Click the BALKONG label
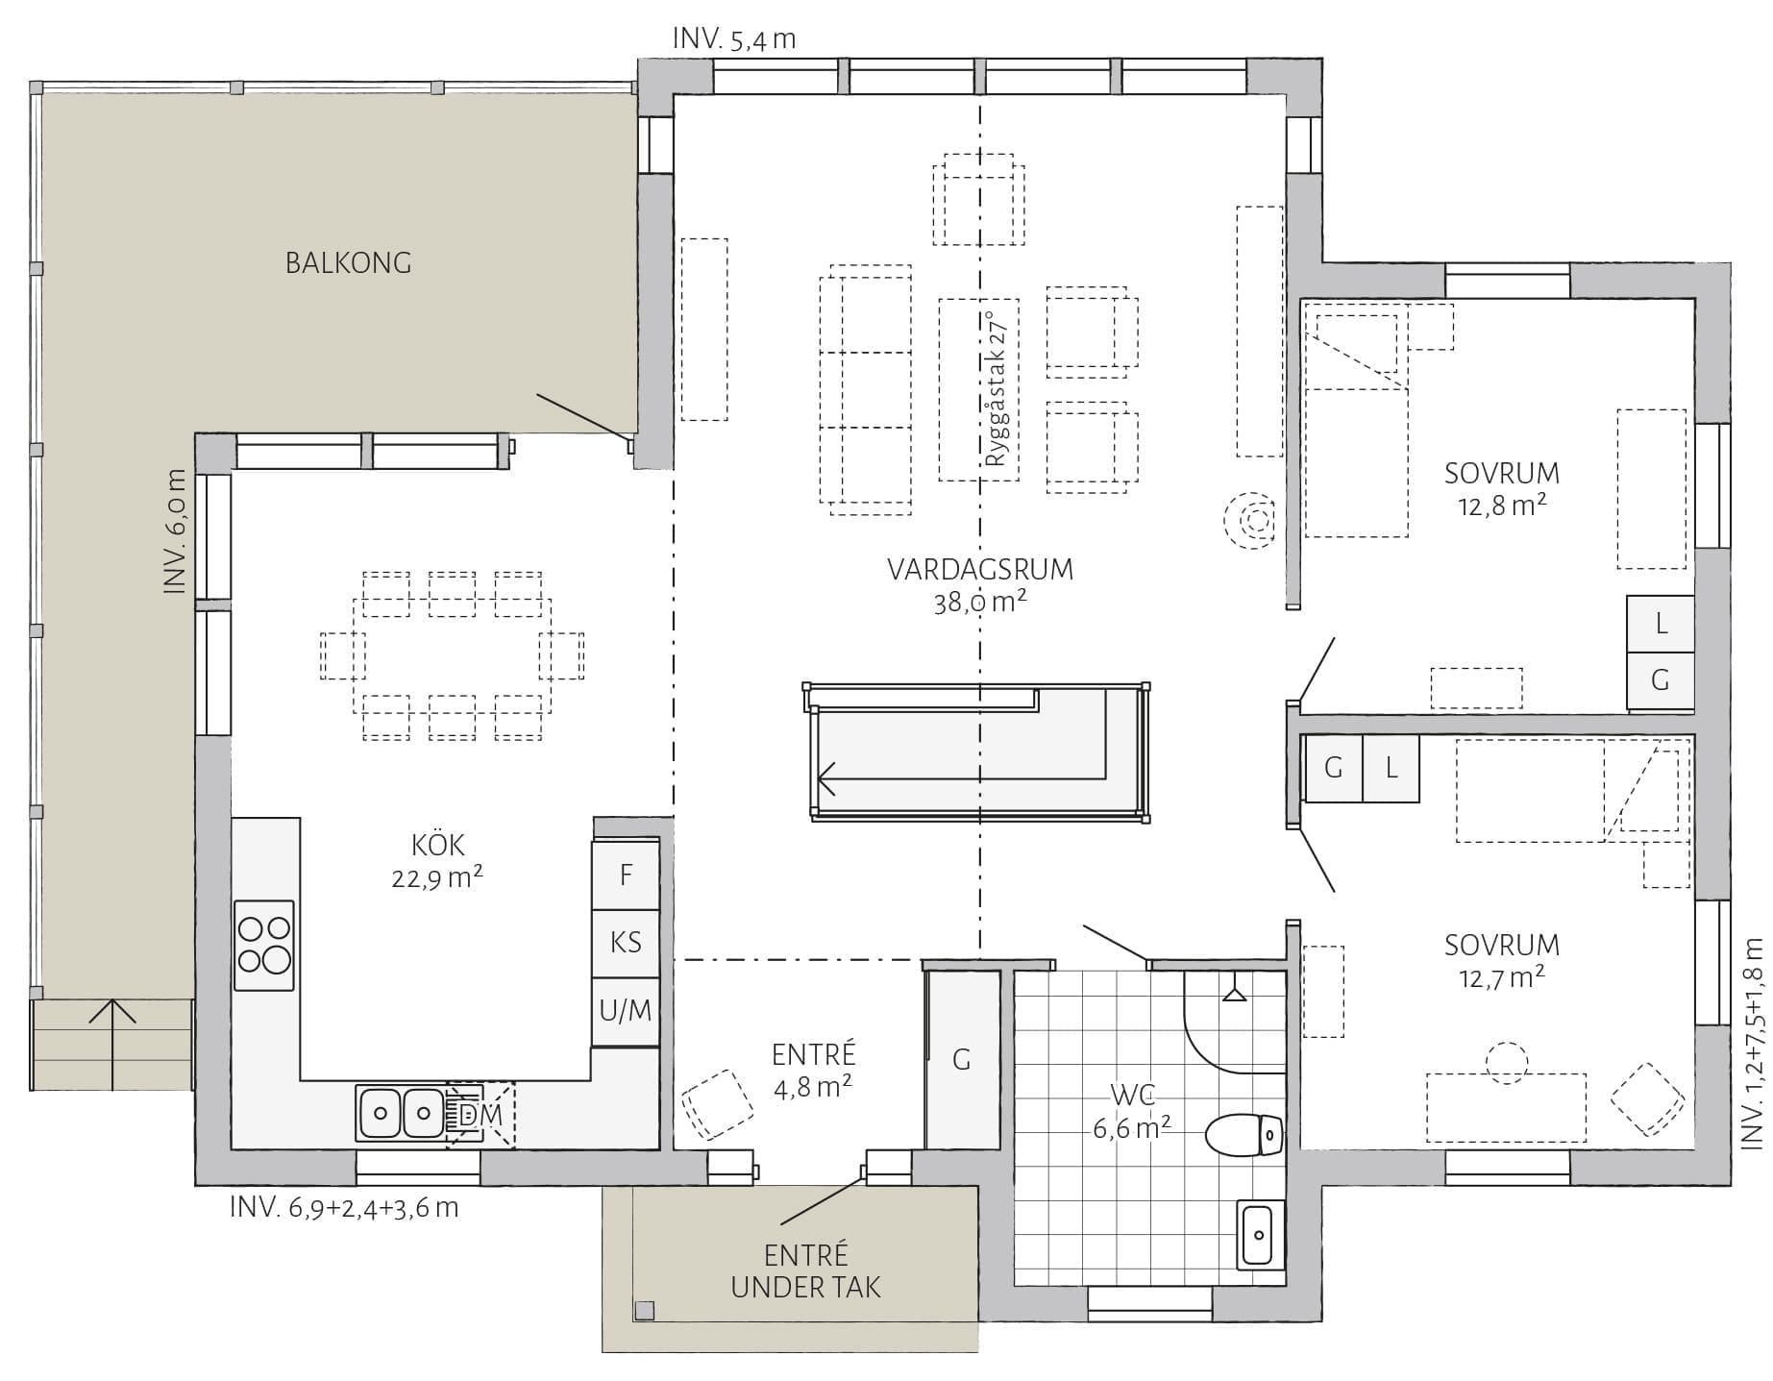click(348, 262)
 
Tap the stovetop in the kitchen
click(264, 945)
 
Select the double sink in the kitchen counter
click(401, 1113)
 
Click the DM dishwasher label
click(480, 1115)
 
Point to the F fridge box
click(626, 875)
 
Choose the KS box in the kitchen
click(626, 944)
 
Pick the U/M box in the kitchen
click(626, 1012)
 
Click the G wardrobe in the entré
click(962, 1059)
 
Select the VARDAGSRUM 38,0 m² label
click(980, 585)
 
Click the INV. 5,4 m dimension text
click(734, 38)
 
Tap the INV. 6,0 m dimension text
click(174, 531)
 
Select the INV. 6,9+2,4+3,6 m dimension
click(344, 1208)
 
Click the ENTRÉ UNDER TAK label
click(805, 1271)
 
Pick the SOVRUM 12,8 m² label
click(1502, 489)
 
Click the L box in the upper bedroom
click(1661, 624)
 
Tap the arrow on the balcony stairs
click(112, 1046)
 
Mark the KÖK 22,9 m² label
click(437, 861)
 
